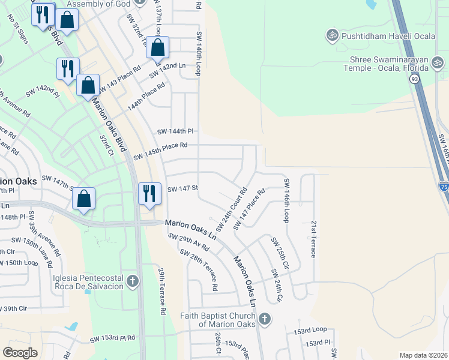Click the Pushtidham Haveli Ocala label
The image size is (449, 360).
coord(380,35)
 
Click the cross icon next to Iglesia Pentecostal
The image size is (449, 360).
coord(132,280)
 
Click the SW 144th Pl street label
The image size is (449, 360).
coord(176,131)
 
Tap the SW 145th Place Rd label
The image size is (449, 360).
coord(161,151)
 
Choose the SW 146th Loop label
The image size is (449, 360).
coord(286,200)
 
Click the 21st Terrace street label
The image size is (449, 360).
coord(313,239)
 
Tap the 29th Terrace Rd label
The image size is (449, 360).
coord(162,292)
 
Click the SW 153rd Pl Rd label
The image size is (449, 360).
coord(113,339)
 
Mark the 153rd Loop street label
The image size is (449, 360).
coord(310,331)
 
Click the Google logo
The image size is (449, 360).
coord(20,353)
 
